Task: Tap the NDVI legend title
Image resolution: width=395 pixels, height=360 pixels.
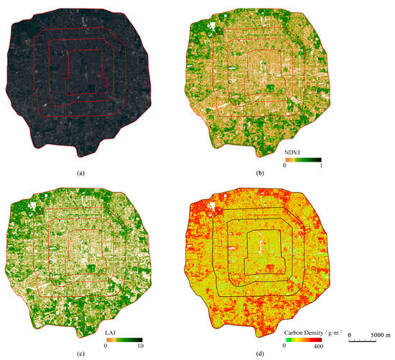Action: [x=294, y=152]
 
